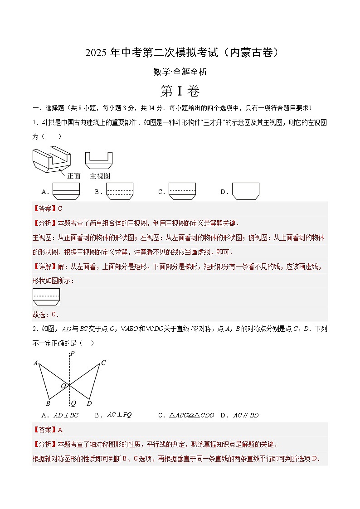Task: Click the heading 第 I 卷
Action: tap(180, 91)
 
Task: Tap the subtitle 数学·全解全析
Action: tap(180, 72)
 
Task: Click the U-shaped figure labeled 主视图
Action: tap(99, 160)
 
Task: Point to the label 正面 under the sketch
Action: tap(73, 176)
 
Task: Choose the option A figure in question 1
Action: tap(66, 191)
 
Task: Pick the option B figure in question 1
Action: tap(120, 191)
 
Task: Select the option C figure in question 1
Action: tap(182, 191)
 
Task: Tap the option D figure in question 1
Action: tap(245, 191)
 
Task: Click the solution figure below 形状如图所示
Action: tap(46, 297)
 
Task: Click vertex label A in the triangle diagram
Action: tap(35, 363)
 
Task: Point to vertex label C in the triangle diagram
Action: tap(103, 363)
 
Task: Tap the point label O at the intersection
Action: tap(64, 386)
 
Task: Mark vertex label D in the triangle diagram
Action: tap(89, 403)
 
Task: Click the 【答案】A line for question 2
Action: tap(48, 430)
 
